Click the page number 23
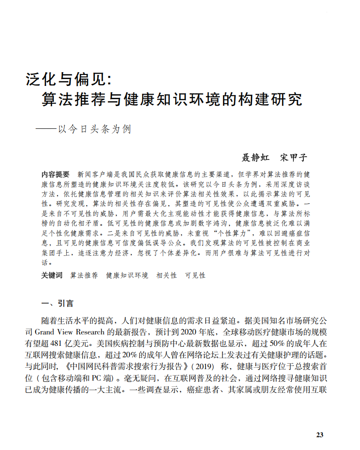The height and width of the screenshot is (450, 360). tap(320, 434)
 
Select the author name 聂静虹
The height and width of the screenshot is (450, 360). tap(255, 158)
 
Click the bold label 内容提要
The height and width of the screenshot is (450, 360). tap(56, 174)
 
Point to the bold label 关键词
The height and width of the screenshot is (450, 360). tap(52, 275)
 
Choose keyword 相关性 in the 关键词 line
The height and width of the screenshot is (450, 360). tap(167, 275)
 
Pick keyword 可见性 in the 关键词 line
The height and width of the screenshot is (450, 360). tap(196, 275)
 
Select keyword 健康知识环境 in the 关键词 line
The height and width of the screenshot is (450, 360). tap(127, 275)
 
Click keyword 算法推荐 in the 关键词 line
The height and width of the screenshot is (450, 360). tap(84, 275)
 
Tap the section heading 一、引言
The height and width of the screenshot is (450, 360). tap(57, 303)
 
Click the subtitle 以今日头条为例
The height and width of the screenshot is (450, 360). tap(94, 129)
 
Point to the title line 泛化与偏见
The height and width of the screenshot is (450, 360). tap(69, 79)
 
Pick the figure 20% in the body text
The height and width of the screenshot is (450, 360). tap(122, 355)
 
